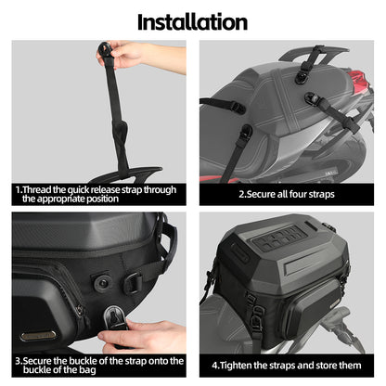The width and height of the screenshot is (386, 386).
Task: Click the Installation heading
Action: coord(192,22)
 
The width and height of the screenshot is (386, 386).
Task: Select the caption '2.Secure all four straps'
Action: coord(287,194)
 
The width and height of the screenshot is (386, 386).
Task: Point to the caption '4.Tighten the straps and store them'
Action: coord(287,366)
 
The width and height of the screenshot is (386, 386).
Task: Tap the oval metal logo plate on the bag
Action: coord(38,335)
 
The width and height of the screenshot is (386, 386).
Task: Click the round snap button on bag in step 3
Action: coord(102,282)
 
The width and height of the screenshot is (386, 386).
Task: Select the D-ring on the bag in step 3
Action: coord(134,282)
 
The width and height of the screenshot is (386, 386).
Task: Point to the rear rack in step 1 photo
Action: coord(123,175)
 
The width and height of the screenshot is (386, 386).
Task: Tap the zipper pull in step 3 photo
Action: coord(80,310)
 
